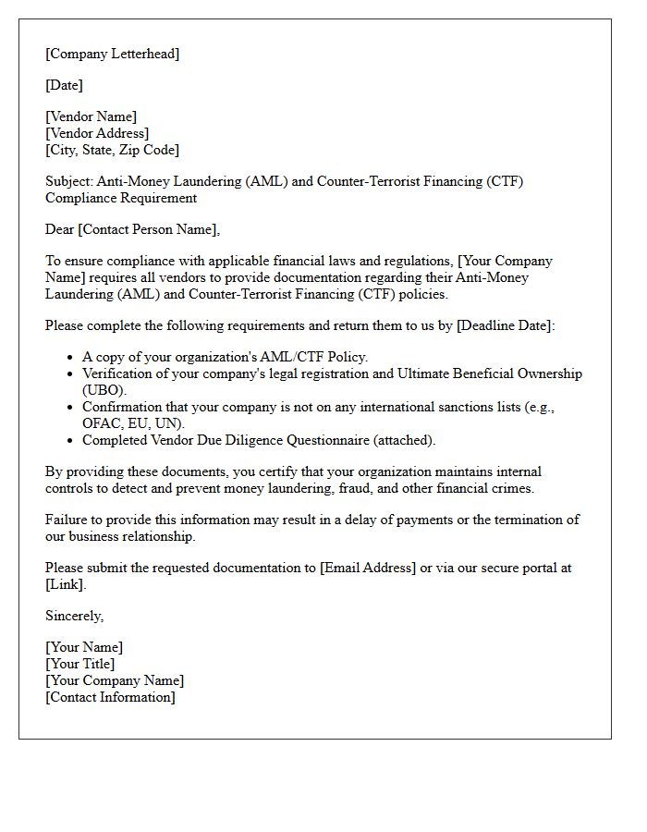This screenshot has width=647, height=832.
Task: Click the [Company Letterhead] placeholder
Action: point(112,54)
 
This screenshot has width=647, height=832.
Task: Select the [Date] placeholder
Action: point(64,85)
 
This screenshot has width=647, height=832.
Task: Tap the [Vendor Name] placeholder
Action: point(91,116)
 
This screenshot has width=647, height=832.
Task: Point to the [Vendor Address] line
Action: point(97,133)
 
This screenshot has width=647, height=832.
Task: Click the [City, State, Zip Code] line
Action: point(112,150)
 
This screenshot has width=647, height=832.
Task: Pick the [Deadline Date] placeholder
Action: point(504,325)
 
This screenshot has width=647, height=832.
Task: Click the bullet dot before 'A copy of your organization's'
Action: point(70,358)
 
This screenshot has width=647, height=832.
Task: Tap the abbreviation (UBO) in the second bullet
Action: point(104,390)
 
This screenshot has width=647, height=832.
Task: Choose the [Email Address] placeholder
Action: point(368,568)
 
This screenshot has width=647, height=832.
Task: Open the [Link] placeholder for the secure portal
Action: point(65,584)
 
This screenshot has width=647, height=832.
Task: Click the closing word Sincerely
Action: point(74,616)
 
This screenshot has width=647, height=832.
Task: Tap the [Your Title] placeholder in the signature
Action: point(79,664)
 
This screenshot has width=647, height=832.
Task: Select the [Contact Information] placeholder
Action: point(110,697)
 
